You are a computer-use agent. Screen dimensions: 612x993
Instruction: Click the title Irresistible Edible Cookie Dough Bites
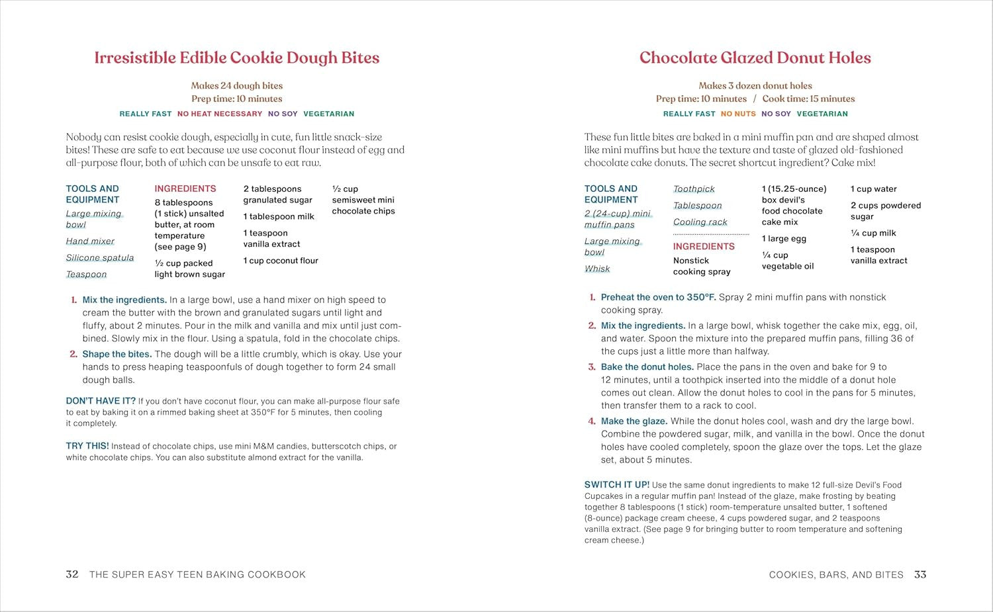[236, 58]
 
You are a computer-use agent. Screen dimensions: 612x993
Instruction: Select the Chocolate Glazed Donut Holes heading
[755, 58]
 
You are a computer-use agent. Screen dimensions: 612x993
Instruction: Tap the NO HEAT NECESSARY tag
[220, 114]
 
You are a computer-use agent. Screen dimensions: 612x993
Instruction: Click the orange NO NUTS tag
[738, 114]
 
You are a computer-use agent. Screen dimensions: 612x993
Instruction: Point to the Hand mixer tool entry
[90, 241]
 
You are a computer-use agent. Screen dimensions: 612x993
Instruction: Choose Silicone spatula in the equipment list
[100, 258]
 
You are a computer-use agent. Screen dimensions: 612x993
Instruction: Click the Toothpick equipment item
[694, 189]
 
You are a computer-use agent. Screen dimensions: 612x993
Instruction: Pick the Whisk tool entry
[597, 269]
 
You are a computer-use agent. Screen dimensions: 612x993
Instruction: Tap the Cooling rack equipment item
[700, 222]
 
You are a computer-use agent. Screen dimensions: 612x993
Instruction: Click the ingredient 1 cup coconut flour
[281, 261]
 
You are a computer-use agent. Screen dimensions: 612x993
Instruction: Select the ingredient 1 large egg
[784, 239]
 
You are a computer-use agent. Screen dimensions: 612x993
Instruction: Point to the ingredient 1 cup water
[874, 189]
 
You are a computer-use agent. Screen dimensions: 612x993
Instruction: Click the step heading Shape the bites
[117, 354]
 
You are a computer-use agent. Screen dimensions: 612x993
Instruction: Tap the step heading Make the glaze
[634, 421]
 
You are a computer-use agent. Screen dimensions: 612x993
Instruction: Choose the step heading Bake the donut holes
[647, 367]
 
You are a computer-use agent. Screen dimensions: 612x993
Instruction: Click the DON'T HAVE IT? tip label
[101, 401]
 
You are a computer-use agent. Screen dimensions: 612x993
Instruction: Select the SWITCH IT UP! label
[617, 485]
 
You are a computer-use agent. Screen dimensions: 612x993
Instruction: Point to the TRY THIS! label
[87, 446]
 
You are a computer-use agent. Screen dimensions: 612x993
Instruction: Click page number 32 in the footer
[72, 574]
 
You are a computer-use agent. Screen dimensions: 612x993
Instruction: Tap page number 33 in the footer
[920, 574]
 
